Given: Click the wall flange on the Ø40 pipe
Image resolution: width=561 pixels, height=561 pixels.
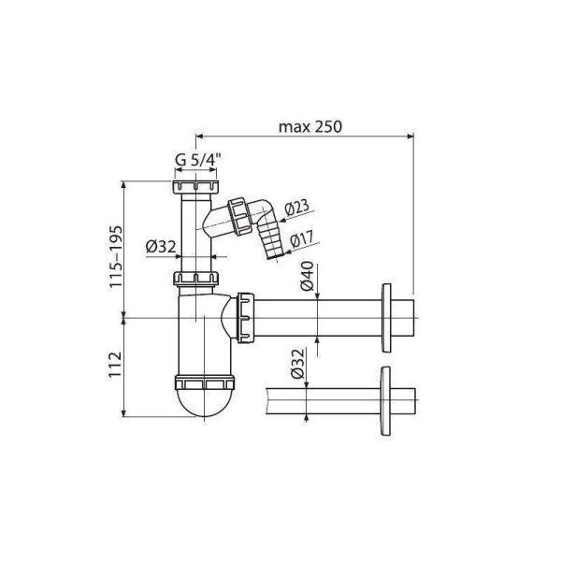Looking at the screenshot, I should pyautogui.click(x=385, y=317).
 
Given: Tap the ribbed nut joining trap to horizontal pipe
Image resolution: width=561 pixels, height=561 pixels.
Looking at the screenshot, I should pyautogui.click(x=247, y=318).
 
